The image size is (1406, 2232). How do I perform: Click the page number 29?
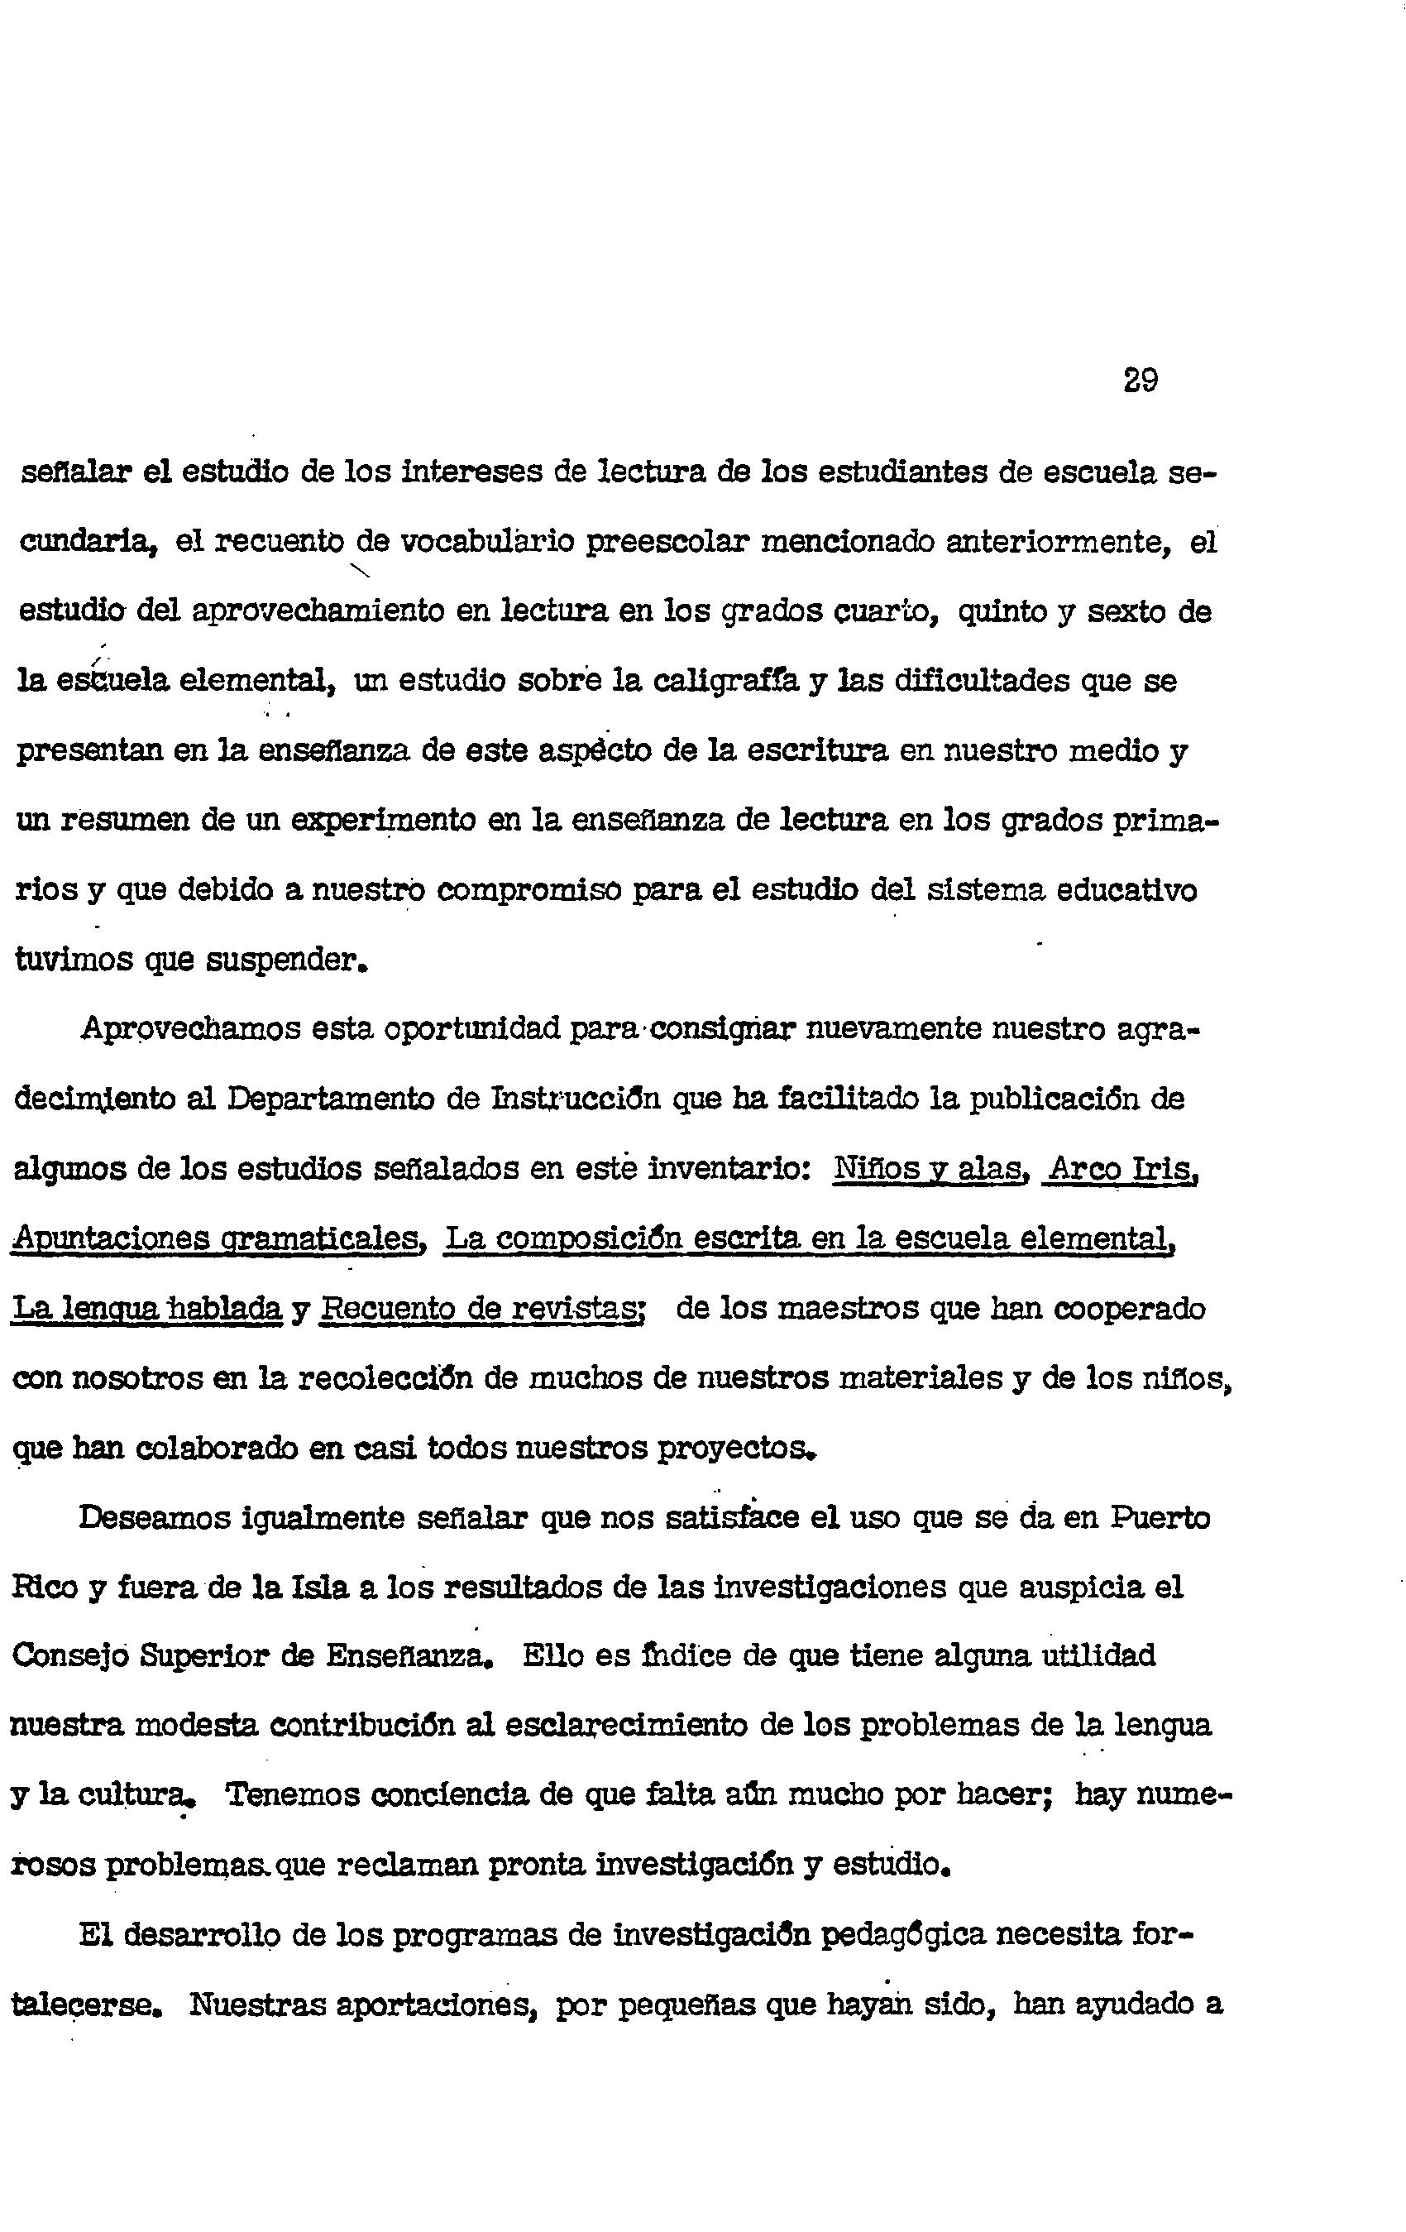pos(1140,380)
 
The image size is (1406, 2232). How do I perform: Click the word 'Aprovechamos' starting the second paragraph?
pos(190,1030)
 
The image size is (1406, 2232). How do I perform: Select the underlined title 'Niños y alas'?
pos(930,1169)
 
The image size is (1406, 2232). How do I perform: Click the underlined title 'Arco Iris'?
pos(1121,1169)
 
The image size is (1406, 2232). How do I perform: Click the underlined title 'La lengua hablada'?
pos(146,1309)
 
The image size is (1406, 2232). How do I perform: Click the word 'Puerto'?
pos(1160,1518)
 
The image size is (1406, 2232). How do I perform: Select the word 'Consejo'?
pos(69,1657)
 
